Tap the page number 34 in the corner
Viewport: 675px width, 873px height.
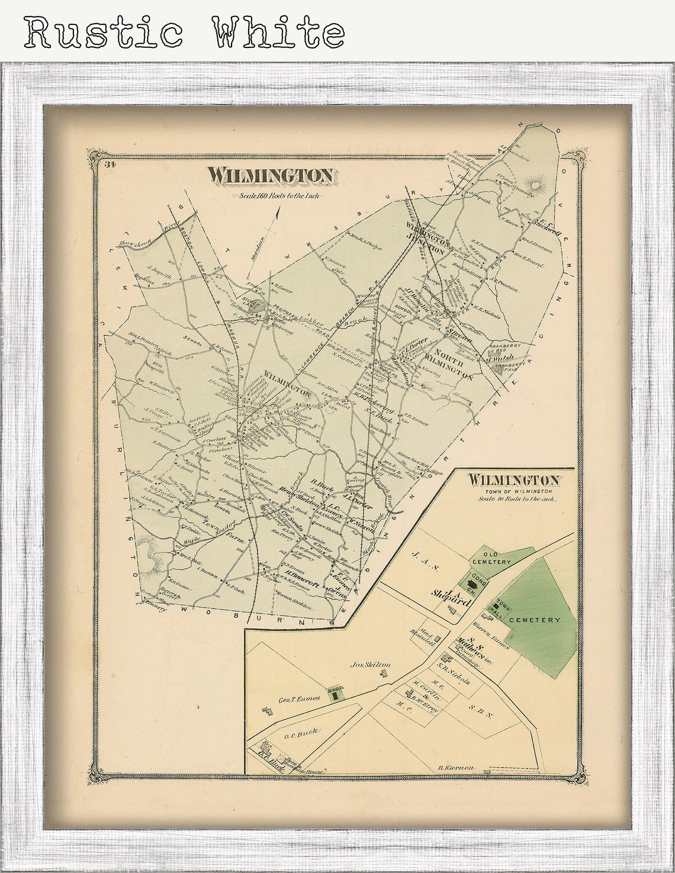pyautogui.click(x=110, y=165)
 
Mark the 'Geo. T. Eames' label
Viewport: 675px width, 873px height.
pyautogui.click(x=299, y=698)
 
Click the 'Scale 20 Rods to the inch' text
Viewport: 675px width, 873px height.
pyautogui.click(x=518, y=498)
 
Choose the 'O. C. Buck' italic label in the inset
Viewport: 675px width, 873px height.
pyautogui.click(x=301, y=733)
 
